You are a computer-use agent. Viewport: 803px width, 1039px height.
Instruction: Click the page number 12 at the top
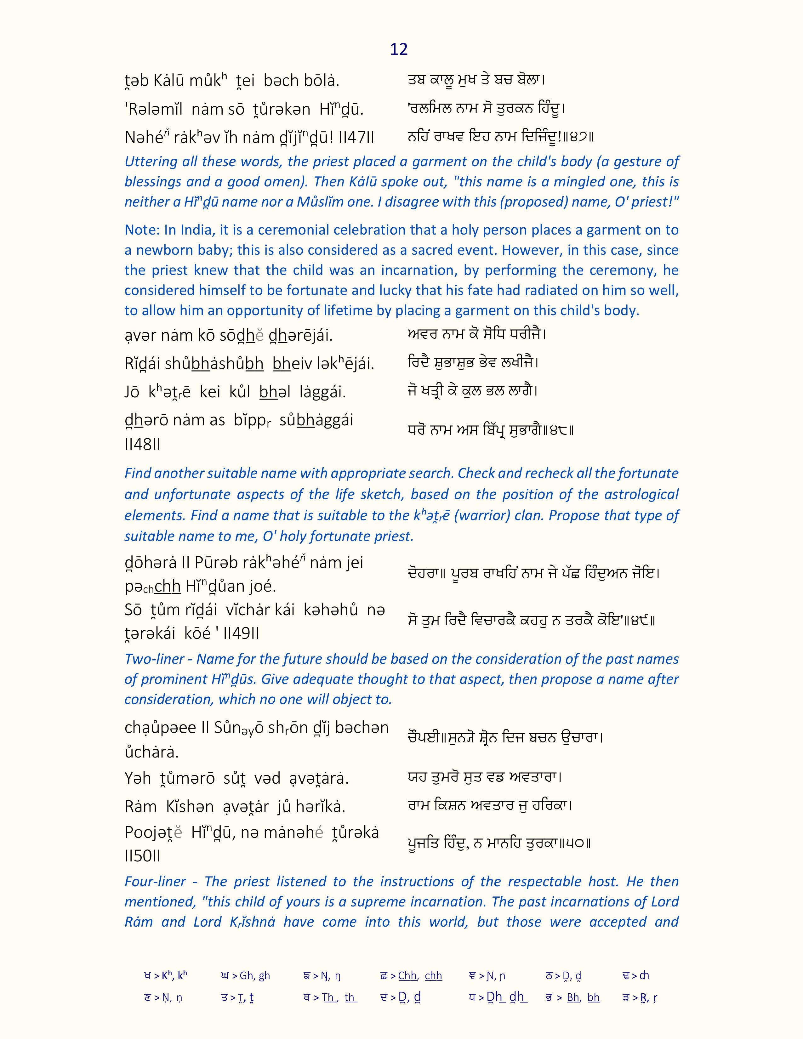[x=399, y=49]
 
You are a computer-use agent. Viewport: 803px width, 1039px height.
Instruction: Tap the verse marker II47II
[x=356, y=138]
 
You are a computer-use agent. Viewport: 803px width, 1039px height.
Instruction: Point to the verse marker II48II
[x=143, y=444]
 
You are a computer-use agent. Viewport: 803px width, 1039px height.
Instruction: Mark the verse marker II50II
[x=143, y=856]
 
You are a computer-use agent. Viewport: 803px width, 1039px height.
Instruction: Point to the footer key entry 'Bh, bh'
[x=583, y=998]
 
